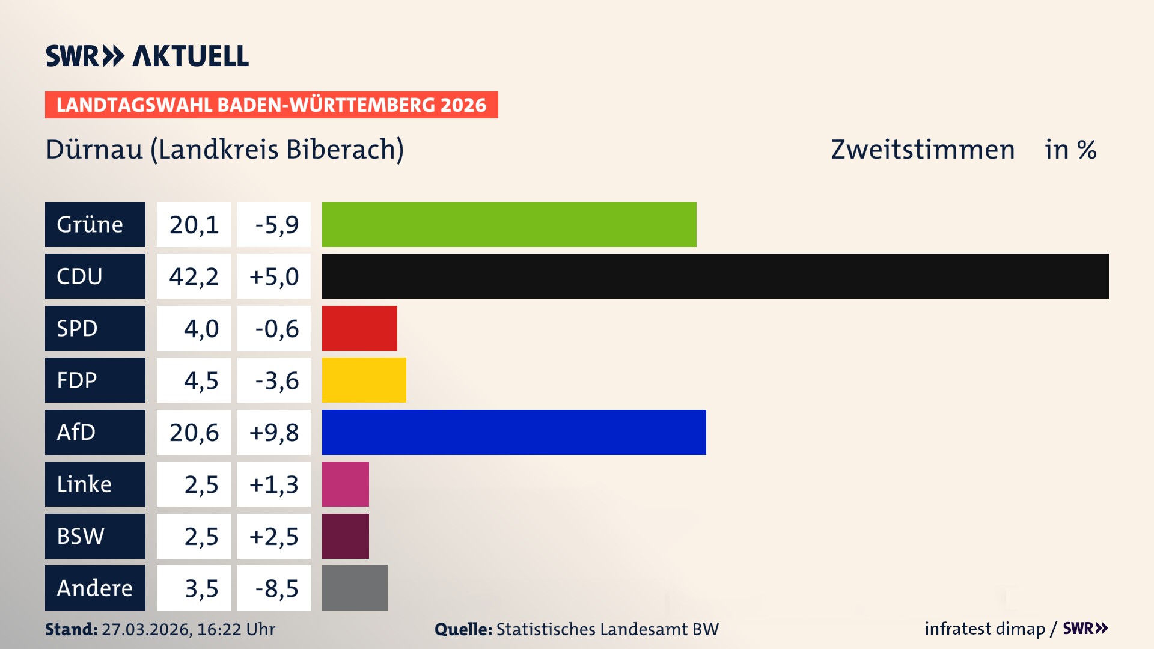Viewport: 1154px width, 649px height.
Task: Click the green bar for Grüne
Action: [x=509, y=224]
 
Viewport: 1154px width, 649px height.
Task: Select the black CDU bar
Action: [x=715, y=276]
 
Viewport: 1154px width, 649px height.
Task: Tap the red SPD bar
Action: [x=359, y=328]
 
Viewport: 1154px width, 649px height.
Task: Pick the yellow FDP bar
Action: [x=364, y=380]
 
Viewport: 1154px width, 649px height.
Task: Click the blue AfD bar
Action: [x=514, y=432]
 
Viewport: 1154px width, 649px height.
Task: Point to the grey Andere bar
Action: [x=355, y=588]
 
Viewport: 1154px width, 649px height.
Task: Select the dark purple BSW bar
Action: [x=345, y=536]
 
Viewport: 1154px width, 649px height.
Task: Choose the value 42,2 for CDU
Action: [x=194, y=276]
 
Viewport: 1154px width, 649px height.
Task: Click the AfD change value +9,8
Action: [x=273, y=432]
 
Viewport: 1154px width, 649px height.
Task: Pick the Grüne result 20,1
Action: [x=194, y=224]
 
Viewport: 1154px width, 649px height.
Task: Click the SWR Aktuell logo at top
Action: [x=147, y=56]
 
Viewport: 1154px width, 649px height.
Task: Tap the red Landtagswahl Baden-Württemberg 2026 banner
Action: [x=271, y=105]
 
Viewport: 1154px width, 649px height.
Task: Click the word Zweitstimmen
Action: [x=923, y=150]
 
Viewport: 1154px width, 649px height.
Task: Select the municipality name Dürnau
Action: [x=94, y=150]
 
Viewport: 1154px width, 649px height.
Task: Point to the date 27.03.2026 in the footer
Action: [x=146, y=629]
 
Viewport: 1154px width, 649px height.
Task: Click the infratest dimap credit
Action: [x=985, y=629]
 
